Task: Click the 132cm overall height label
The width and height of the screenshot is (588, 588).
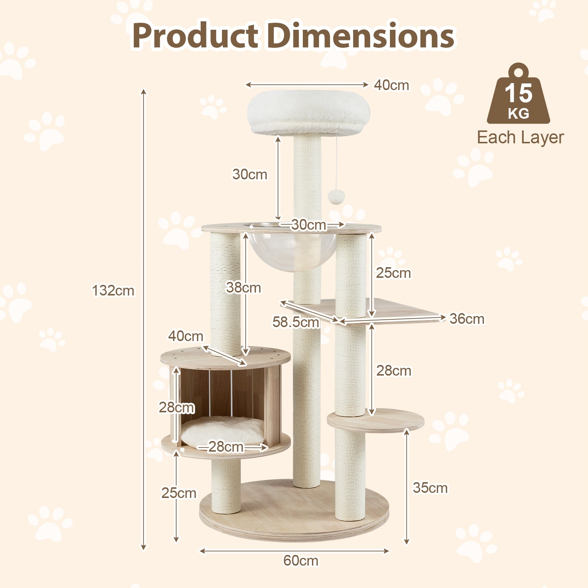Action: [x=113, y=291]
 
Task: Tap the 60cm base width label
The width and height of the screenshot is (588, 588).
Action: [x=301, y=560]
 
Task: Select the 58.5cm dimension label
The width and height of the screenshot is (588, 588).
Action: [x=295, y=322]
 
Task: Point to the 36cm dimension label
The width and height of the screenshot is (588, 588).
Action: [x=467, y=319]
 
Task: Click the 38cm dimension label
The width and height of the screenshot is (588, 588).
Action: [x=243, y=288]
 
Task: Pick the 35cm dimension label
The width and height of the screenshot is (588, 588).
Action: [x=430, y=488]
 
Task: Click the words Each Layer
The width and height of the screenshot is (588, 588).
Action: [x=520, y=137]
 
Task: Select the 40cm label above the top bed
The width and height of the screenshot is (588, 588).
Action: [x=391, y=85]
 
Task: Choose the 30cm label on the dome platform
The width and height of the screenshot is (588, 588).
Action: [x=309, y=225]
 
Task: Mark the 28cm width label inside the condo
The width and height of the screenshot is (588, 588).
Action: [x=226, y=447]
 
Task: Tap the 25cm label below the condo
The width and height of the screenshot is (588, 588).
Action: [x=179, y=493]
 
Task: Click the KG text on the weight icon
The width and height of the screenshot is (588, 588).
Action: [x=519, y=114]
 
